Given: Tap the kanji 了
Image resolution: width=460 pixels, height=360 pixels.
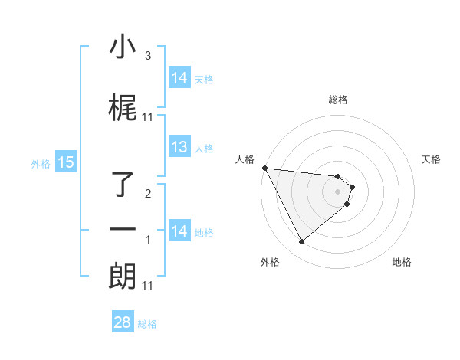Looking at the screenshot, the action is point(123,185).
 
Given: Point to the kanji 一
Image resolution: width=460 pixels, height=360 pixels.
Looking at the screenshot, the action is point(123,230).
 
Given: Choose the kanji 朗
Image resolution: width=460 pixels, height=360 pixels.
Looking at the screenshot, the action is point(123,276).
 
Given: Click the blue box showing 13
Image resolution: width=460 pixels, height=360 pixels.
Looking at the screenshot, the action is point(179,148).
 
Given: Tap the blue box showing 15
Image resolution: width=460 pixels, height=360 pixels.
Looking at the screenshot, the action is point(65,162).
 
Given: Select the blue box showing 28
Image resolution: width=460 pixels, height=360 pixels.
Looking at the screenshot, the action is point(123,322).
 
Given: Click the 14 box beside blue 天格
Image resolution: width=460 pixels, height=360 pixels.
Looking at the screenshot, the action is point(179,78).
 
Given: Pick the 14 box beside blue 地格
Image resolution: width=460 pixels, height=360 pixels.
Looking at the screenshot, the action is point(179,231).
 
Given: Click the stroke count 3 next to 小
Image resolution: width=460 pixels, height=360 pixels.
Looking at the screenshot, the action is point(148,56).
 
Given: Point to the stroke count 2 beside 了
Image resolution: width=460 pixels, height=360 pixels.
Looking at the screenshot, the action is point(148,194).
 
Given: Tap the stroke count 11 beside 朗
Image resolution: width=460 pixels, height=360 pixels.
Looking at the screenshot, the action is point(148,286).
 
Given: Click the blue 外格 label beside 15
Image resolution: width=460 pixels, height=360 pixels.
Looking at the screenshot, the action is point(40,163).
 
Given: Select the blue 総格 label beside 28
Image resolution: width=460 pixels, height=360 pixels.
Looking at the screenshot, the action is point(147,324).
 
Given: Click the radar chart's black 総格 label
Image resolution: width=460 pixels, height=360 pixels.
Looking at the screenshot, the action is point(338,100).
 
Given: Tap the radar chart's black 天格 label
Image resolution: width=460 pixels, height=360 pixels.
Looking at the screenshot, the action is point(432,159).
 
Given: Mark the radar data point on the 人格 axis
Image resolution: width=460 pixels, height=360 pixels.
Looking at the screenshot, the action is point(264,168).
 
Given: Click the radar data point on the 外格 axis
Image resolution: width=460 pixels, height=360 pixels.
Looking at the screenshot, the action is point(301,242).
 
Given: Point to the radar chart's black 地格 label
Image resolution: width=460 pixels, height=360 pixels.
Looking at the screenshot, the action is point(402,262).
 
